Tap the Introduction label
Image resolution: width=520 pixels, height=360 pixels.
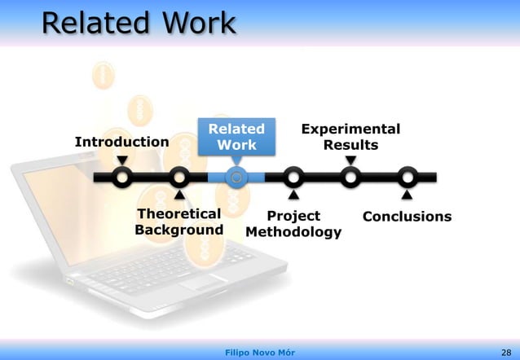point(122,142)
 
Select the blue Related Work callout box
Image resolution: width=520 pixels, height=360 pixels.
point(236,137)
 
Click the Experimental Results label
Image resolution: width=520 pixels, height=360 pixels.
point(350,137)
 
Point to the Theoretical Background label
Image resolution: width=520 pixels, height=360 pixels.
point(178,222)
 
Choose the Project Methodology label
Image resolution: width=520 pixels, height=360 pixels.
point(293,225)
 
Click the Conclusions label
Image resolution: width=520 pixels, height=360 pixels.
point(407,217)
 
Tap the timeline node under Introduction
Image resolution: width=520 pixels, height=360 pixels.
point(122,177)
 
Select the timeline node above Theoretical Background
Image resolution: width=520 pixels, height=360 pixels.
point(178,177)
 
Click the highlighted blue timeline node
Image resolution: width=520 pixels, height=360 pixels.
point(236,177)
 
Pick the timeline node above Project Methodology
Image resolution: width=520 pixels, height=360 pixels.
point(293,177)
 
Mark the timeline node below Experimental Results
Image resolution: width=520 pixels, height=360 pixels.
point(350,177)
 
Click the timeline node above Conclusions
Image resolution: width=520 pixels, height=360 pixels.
point(407,177)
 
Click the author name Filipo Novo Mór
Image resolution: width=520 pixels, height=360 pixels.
point(259,352)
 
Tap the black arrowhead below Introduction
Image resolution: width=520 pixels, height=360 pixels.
point(122,160)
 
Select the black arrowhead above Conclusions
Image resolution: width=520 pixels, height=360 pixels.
point(407,195)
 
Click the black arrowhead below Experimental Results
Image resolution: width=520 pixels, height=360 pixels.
point(350,160)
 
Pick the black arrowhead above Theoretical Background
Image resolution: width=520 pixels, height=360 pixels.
point(178,195)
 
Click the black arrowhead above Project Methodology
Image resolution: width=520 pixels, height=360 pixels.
point(293,195)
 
